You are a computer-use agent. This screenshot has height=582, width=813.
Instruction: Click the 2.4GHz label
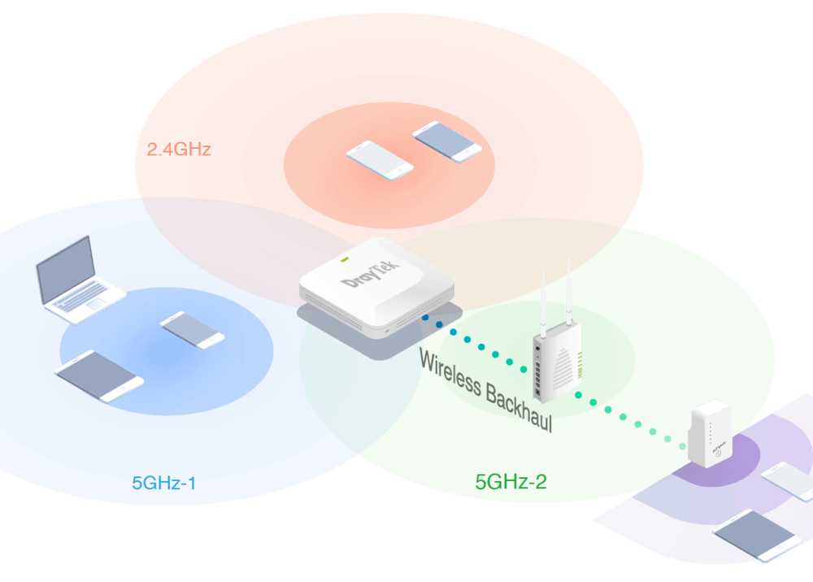(179, 150)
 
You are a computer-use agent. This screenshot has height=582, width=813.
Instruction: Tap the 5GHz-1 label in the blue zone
(164, 483)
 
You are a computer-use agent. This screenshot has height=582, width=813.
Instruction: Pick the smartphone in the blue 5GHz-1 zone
(193, 330)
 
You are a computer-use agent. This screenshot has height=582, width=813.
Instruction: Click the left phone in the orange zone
(380, 160)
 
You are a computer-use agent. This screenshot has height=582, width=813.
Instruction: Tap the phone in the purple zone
(787, 480)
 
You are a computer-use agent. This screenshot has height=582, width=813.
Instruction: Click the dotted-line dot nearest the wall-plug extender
(668, 439)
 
